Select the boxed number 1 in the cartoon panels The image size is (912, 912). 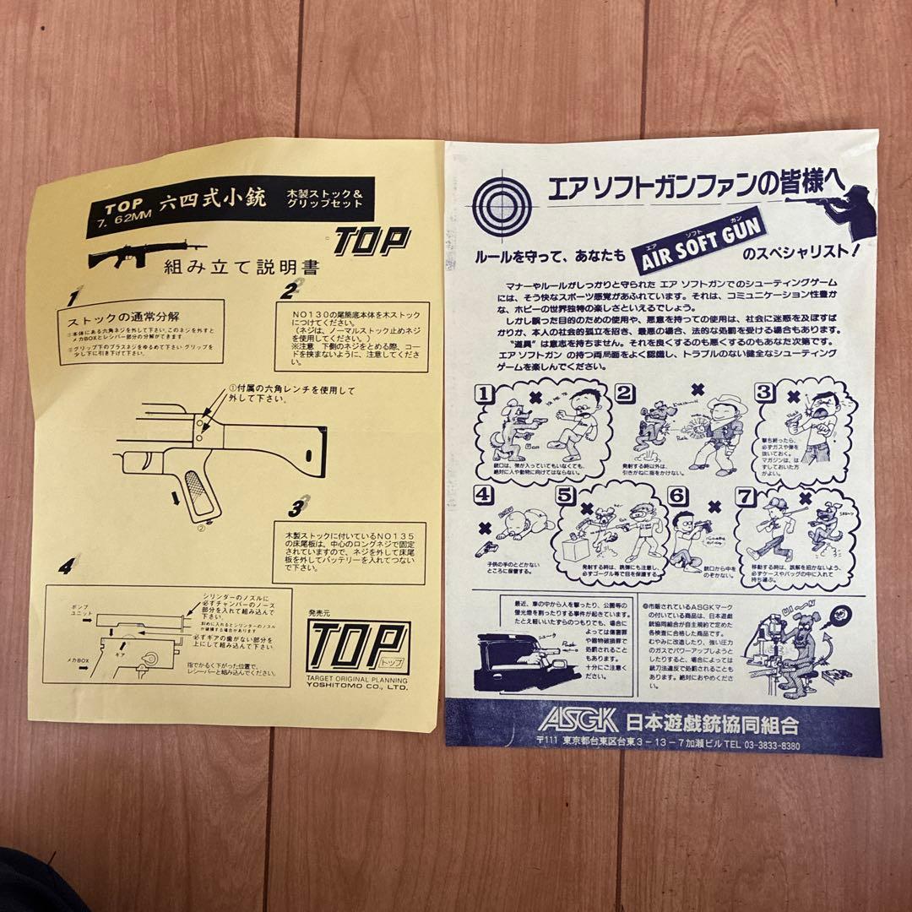coord(485,394)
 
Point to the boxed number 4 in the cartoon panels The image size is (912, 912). coord(485,495)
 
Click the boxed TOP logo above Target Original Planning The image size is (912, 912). coord(358,648)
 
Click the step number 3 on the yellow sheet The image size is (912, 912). coord(296,507)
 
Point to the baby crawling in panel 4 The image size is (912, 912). coord(516,524)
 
